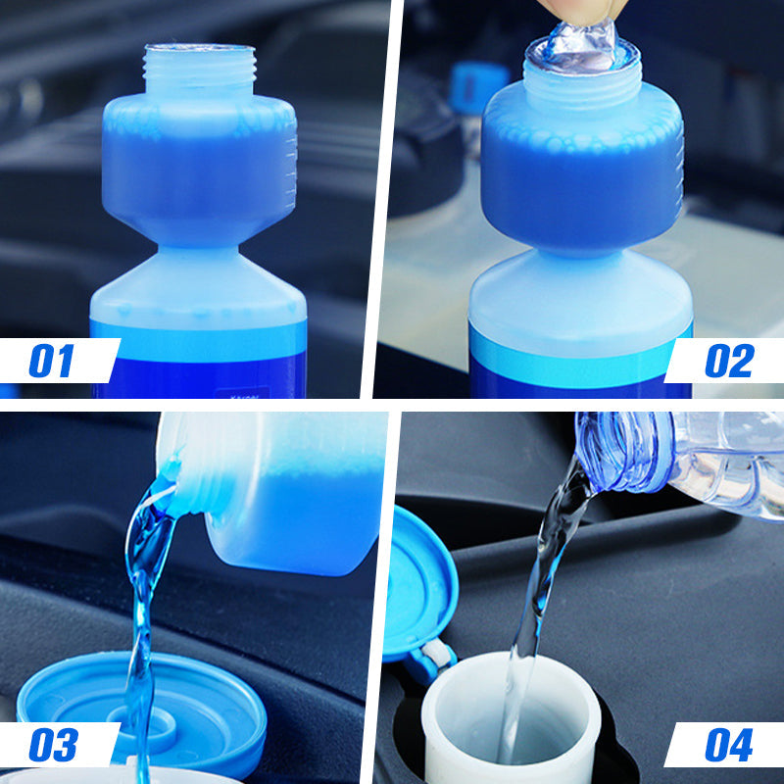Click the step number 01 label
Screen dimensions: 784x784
(51, 361)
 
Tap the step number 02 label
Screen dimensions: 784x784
(730, 361)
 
